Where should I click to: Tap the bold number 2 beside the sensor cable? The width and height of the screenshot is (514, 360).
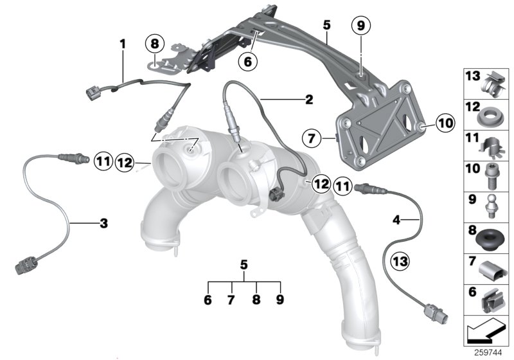click(309, 100)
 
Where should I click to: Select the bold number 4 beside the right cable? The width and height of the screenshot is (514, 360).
click(396, 220)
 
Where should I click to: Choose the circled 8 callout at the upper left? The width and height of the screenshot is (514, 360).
click(154, 44)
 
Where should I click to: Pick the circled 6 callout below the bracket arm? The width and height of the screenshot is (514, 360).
click(248, 61)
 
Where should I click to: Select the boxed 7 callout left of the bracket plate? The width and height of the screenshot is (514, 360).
click(311, 138)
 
